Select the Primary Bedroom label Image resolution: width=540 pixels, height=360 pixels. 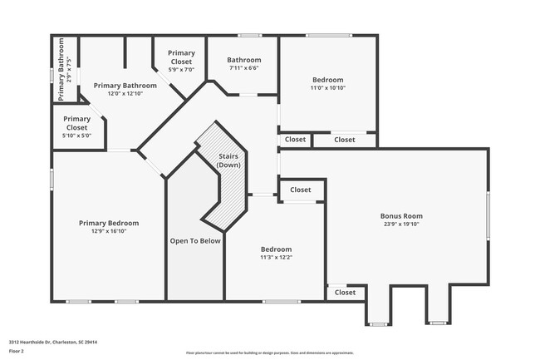click(x=109, y=223)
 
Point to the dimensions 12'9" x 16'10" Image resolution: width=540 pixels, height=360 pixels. click(x=109, y=232)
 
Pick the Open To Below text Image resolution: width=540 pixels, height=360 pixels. click(x=195, y=241)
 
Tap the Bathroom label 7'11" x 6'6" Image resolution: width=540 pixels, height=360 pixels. click(x=244, y=68)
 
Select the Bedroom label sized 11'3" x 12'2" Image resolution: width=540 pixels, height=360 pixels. click(x=276, y=249)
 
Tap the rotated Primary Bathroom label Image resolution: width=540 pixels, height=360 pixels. click(x=61, y=69)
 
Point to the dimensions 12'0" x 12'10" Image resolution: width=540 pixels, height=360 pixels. click(x=125, y=94)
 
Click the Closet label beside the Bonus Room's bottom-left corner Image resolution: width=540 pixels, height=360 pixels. click(x=345, y=293)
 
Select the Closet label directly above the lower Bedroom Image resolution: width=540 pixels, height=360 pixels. click(x=301, y=190)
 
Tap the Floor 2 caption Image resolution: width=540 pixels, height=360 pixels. click(x=17, y=351)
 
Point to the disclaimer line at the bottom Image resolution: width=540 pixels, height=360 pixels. click(x=269, y=353)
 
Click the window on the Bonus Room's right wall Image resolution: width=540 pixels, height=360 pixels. click(x=488, y=216)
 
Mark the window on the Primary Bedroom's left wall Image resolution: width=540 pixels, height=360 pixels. click(x=52, y=179)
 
